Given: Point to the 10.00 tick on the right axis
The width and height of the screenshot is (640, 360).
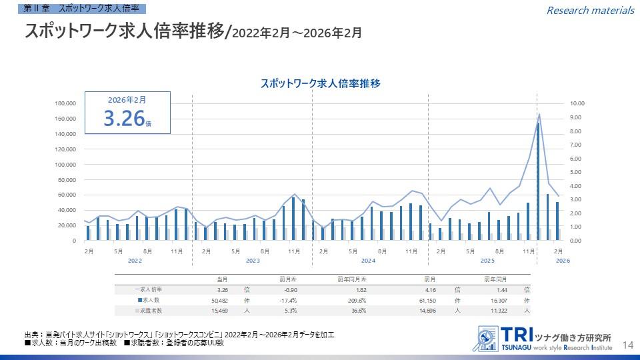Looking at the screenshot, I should click(x=577, y=103).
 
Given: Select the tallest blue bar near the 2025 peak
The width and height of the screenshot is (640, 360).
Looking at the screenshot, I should click(x=538, y=181).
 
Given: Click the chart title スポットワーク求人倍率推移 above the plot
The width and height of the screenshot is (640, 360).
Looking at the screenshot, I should click(x=320, y=83).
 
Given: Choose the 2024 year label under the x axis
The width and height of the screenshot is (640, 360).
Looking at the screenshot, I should click(x=369, y=260).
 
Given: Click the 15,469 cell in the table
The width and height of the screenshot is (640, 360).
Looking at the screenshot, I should click(x=220, y=311).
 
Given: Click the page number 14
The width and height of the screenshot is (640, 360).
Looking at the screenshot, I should click(x=627, y=345).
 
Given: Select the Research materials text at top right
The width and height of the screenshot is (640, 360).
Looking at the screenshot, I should click(x=590, y=10).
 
